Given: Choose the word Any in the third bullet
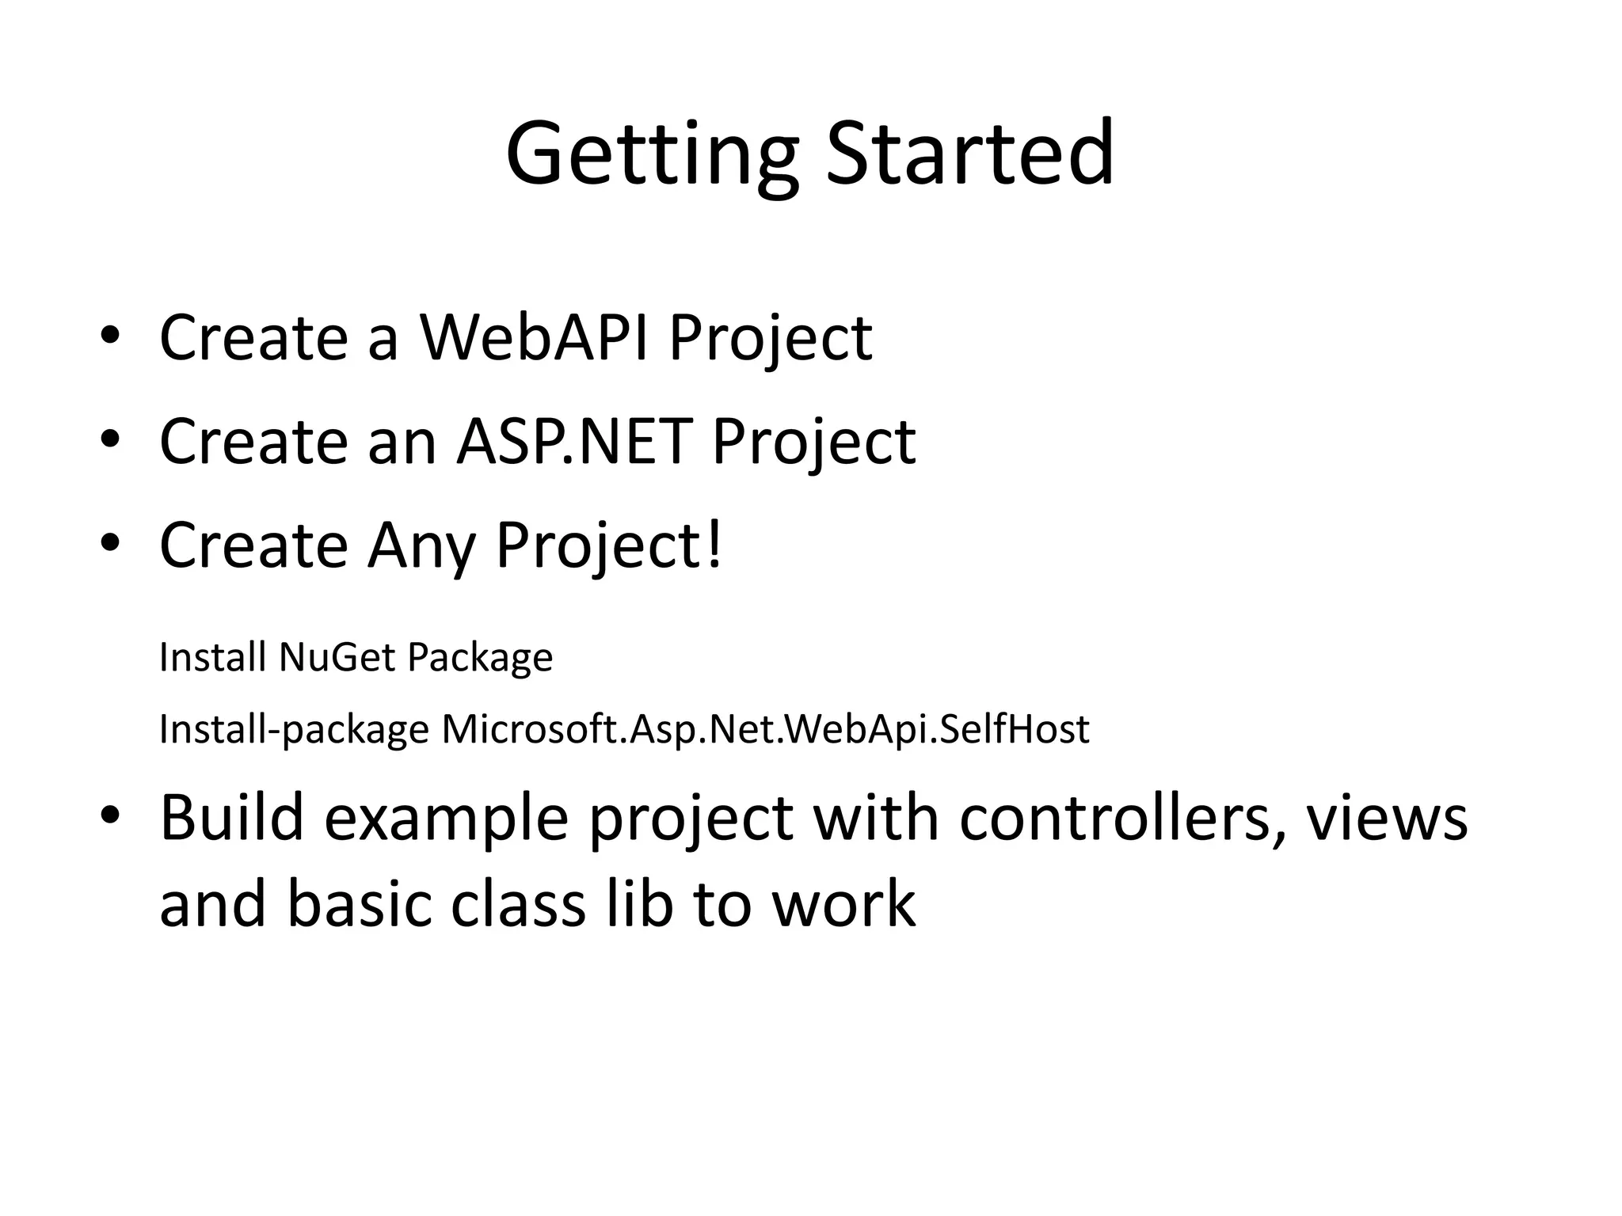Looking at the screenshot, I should [x=421, y=546].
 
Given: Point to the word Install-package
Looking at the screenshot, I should [x=294, y=730].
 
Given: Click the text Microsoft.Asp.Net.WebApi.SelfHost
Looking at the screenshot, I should [x=765, y=729].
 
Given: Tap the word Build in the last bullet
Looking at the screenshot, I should [x=231, y=818].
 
